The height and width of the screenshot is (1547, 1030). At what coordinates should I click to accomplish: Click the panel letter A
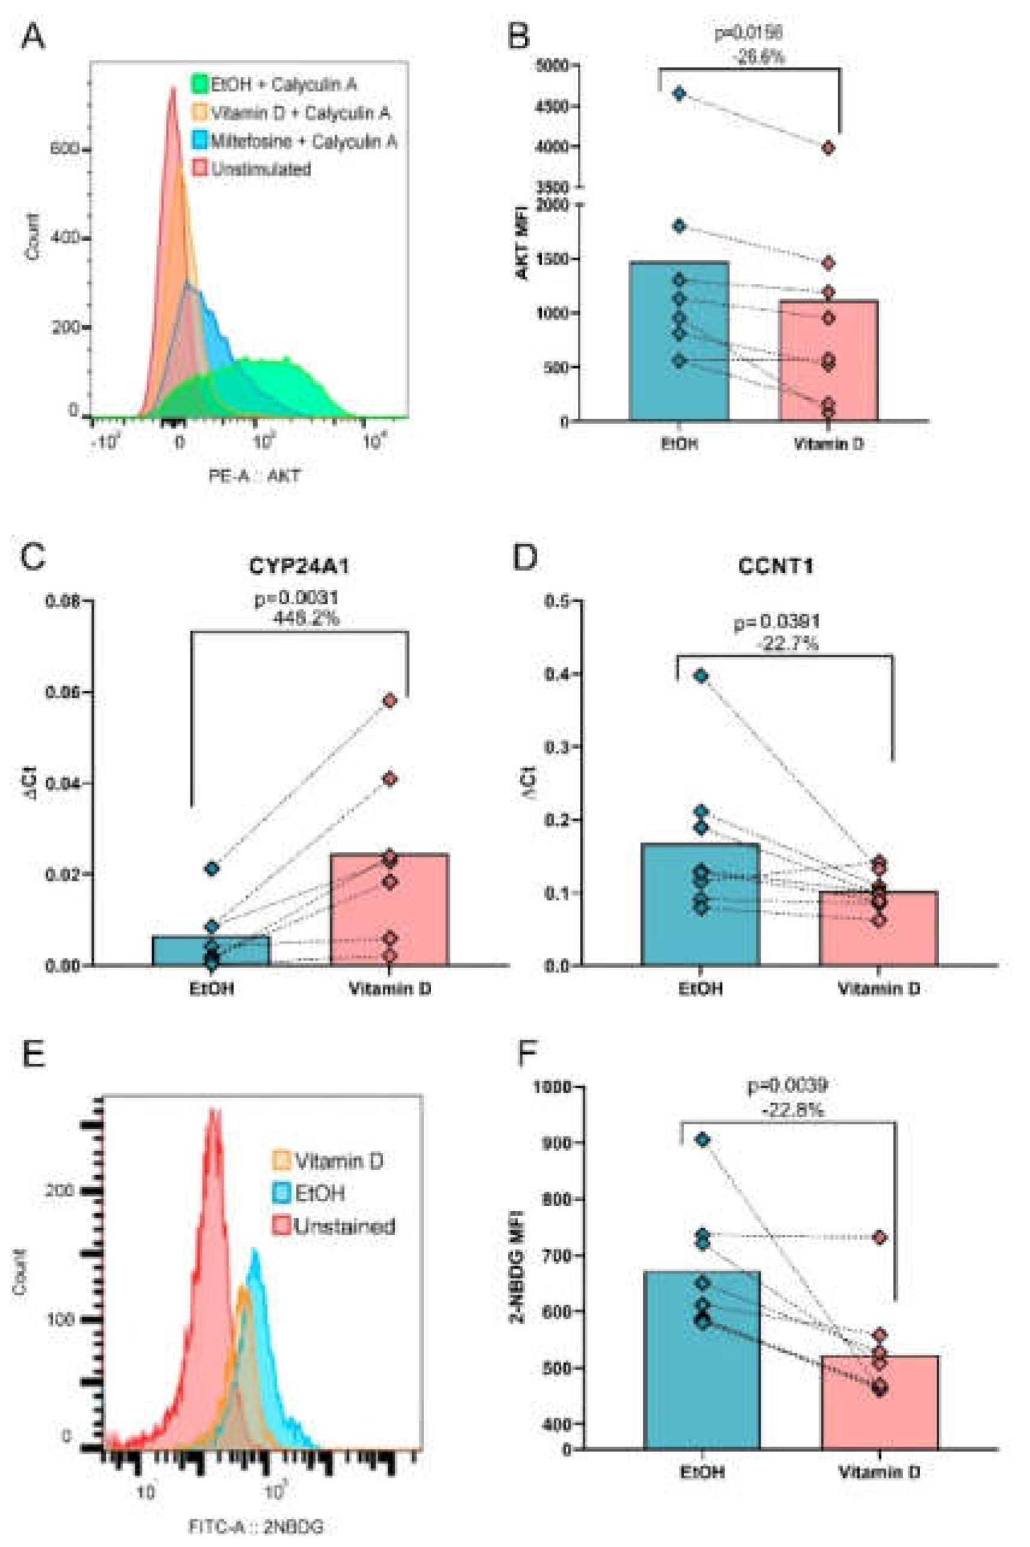click(33, 36)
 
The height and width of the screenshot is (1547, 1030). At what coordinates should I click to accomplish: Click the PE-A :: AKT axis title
click(254, 476)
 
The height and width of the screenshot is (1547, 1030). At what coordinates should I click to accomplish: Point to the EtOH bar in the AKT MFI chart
click(679, 342)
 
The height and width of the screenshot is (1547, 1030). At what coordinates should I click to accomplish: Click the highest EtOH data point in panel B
click(679, 94)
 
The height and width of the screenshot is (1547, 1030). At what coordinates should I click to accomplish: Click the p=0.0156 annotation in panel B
click(748, 32)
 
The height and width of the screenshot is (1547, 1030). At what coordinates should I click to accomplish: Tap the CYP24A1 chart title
click(299, 566)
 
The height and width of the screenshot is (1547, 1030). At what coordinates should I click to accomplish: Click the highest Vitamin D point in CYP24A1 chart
click(390, 701)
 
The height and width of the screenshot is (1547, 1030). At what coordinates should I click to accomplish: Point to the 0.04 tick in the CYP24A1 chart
click(63, 783)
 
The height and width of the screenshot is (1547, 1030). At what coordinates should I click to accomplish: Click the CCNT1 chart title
click(775, 566)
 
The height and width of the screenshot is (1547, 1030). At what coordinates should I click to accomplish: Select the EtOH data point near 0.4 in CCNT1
click(701, 676)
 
